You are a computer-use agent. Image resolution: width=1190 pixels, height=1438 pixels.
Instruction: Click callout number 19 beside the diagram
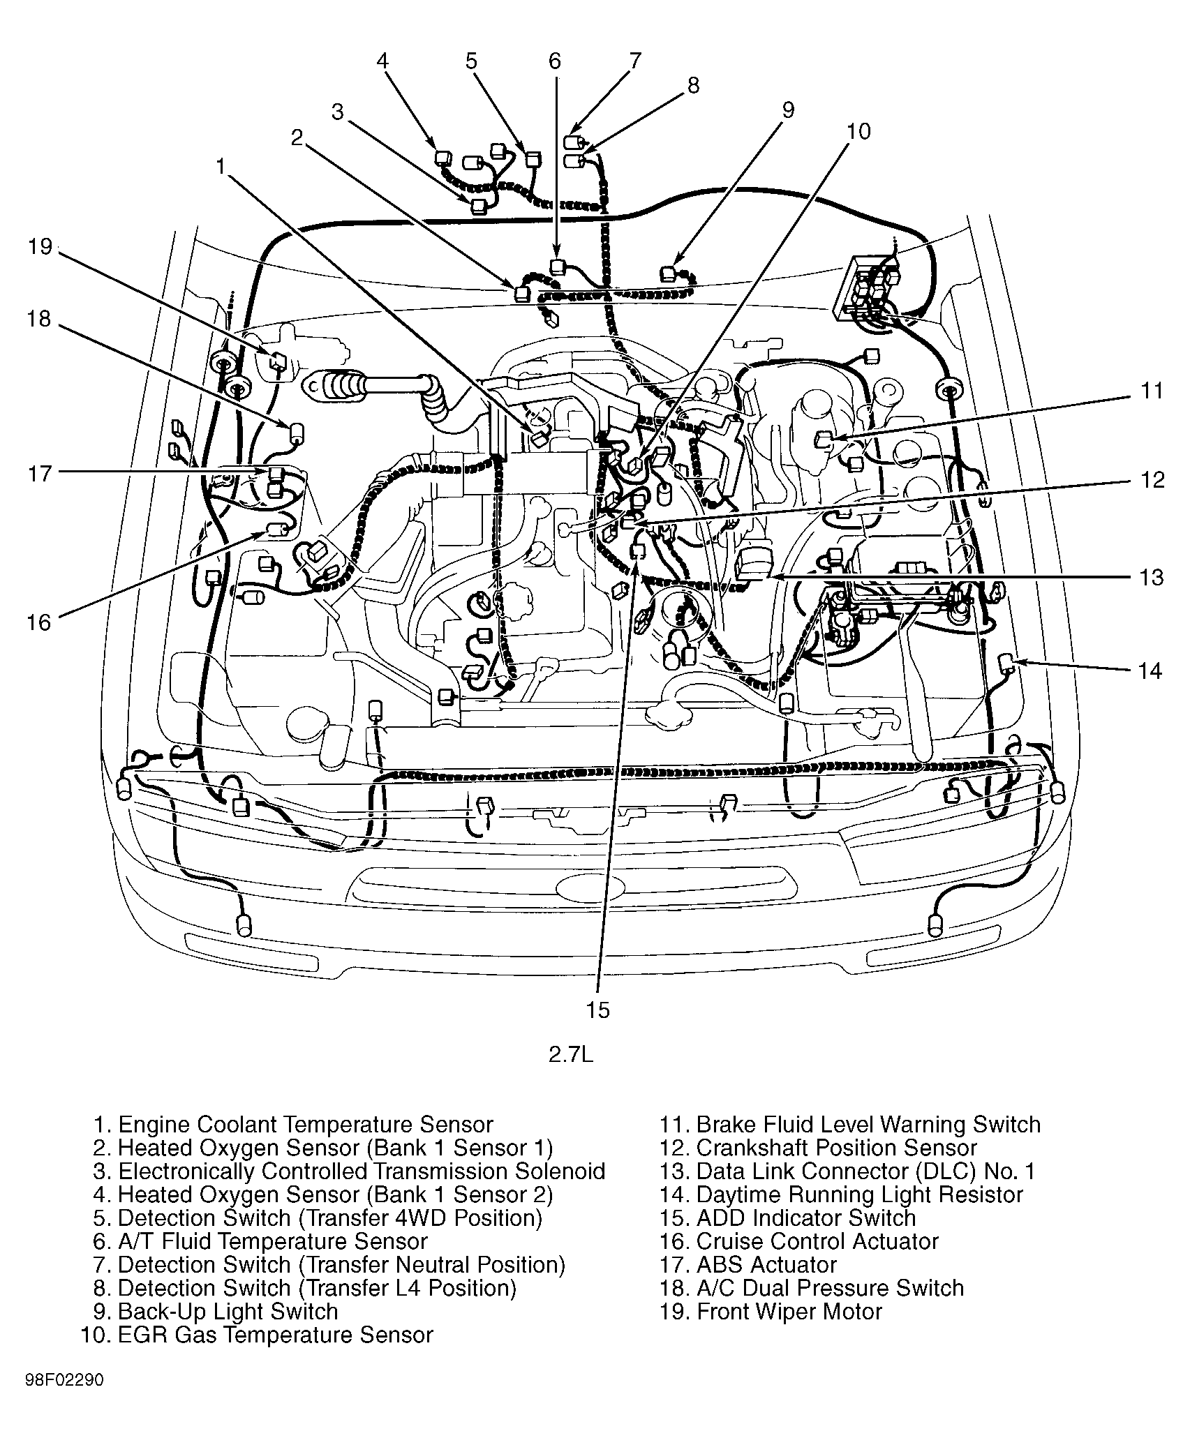40,247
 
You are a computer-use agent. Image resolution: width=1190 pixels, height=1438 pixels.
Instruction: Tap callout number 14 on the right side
1150,671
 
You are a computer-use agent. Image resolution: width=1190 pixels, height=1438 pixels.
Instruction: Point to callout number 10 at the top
858,131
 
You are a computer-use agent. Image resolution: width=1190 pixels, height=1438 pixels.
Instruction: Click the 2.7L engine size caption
570,1074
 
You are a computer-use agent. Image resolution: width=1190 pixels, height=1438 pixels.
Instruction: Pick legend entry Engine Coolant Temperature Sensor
293,1125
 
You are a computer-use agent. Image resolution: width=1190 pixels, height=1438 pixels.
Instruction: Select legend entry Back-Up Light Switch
216,1311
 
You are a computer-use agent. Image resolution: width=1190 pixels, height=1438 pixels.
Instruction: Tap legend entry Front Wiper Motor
771,1311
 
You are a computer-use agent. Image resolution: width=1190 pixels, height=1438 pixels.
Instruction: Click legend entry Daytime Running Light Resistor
840,1194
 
